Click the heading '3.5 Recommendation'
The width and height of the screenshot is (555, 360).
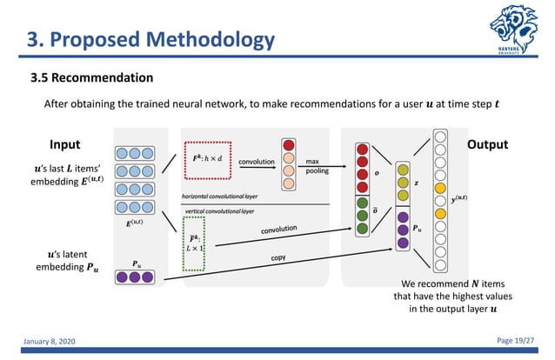click(92, 78)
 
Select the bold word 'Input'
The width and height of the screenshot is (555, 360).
click(64, 144)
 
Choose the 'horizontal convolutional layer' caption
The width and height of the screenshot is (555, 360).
click(221, 196)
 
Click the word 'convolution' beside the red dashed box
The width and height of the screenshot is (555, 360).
click(257, 161)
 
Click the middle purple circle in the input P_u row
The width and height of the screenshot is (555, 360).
click(132, 277)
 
